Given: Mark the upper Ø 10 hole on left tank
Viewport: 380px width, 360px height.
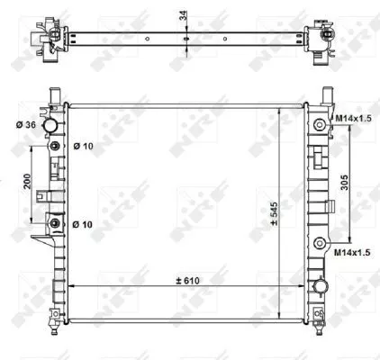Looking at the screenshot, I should [x=57, y=147].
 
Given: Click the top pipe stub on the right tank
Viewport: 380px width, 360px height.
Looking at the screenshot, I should [x=328, y=95].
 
